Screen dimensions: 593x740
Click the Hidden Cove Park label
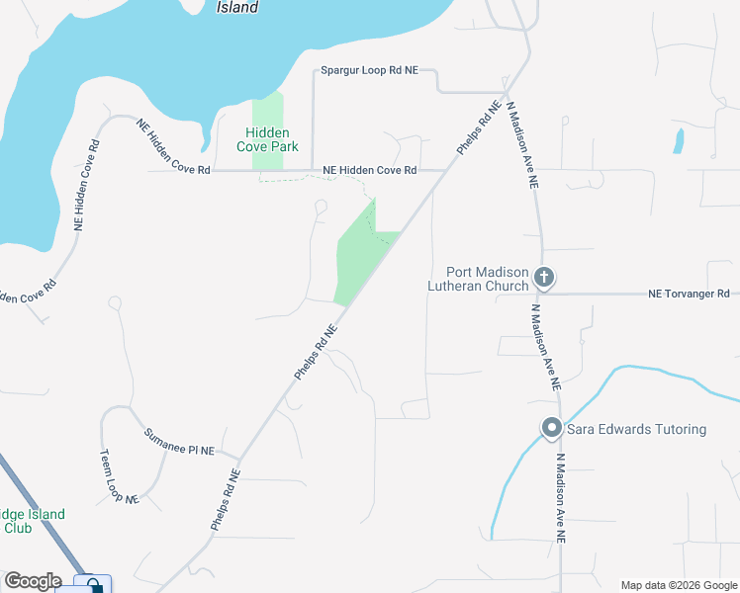pyautogui.click(x=267, y=139)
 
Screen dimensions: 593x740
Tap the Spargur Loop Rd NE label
pyautogui.click(x=370, y=71)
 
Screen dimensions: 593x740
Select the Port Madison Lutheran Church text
pyautogui.click(x=475, y=280)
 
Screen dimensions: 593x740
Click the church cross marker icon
pyautogui.click(x=544, y=279)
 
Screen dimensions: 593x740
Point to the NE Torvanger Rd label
pyautogui.click(x=689, y=294)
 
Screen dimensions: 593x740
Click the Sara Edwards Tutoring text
pyautogui.click(x=636, y=429)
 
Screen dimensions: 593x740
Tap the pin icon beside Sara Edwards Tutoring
pyautogui.click(x=551, y=429)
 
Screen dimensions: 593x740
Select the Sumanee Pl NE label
pyautogui.click(x=179, y=443)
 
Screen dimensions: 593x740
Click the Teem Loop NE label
pyautogui.click(x=118, y=477)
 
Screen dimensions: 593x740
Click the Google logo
pyautogui.click(x=32, y=581)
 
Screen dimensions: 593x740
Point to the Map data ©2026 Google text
pyautogui.click(x=678, y=585)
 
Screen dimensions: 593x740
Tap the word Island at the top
pyautogui.click(x=237, y=8)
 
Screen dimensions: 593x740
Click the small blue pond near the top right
pyautogui.click(x=678, y=140)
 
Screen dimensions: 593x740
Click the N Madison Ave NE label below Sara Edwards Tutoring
pyautogui.click(x=561, y=498)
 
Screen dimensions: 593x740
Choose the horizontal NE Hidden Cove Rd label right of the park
pyautogui.click(x=370, y=171)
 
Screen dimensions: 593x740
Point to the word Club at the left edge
pyautogui.click(x=18, y=528)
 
